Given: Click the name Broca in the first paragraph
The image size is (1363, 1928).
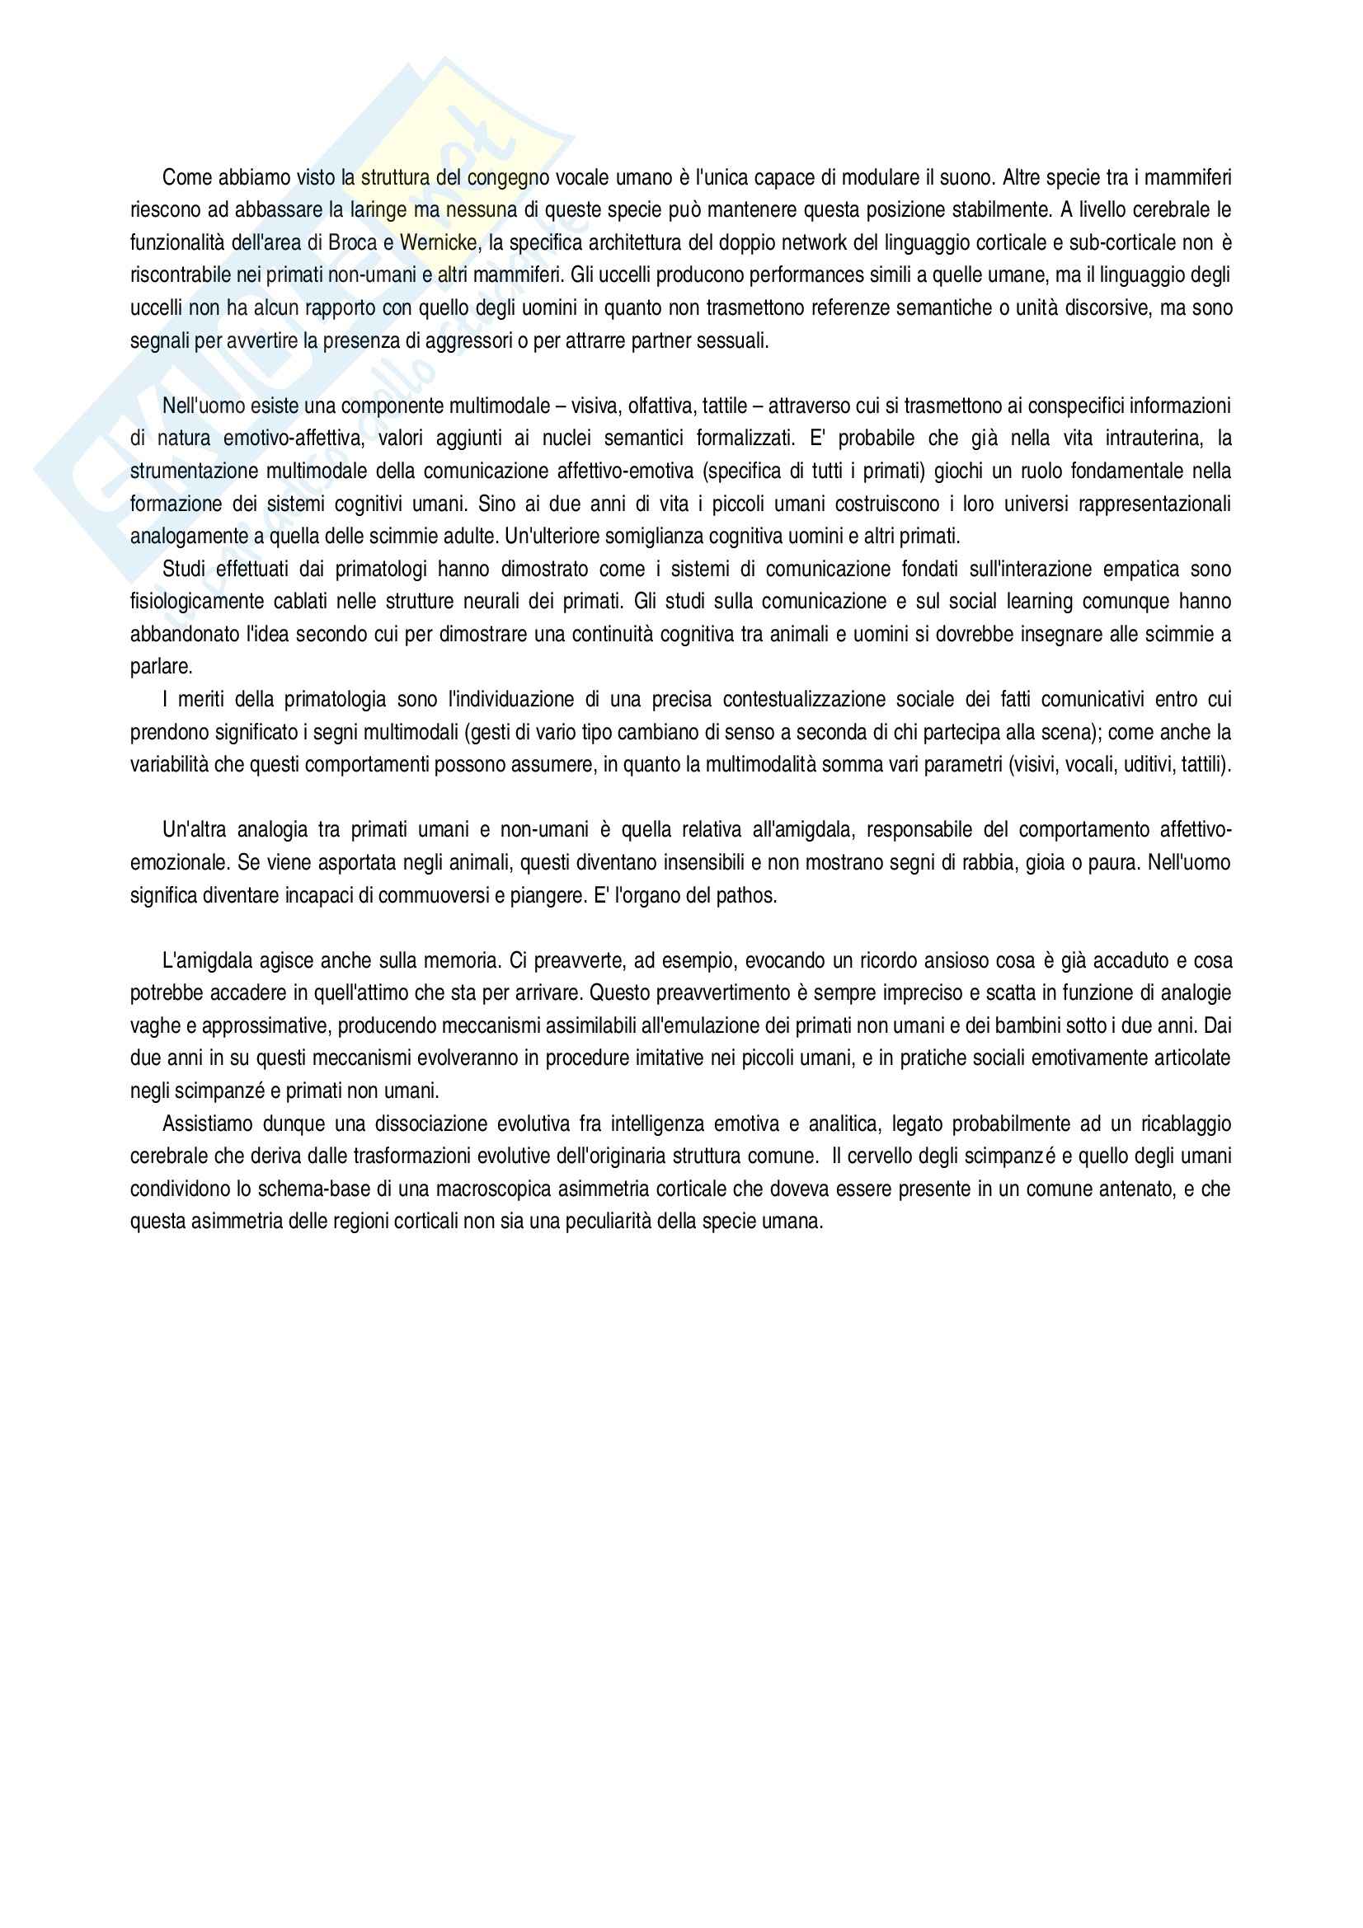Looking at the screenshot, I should [353, 243].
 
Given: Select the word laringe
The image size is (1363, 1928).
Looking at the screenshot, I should [378, 211].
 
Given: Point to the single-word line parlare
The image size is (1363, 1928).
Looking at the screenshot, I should [162, 667].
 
